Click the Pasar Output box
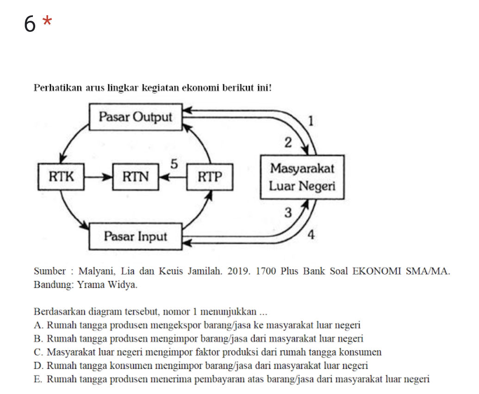pyautogui.click(x=135, y=117)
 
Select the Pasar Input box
pyautogui.click(x=135, y=236)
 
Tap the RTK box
pyautogui.click(x=61, y=176)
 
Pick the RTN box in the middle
pyautogui.click(x=136, y=176)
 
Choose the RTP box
pyautogui.click(x=210, y=176)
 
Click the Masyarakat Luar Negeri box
pyautogui.click(x=302, y=177)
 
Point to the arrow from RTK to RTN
pyautogui.click(x=99, y=176)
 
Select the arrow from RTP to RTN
pyautogui.click(x=173, y=176)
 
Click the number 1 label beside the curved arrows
pyautogui.click(x=311, y=121)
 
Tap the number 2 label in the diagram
pyautogui.click(x=288, y=143)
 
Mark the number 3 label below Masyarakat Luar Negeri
pyautogui.click(x=288, y=213)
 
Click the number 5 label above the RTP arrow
pyautogui.click(x=174, y=164)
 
